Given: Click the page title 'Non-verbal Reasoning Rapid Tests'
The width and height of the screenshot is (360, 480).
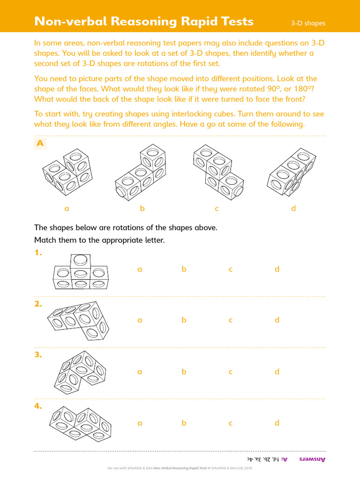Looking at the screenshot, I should point(144,22).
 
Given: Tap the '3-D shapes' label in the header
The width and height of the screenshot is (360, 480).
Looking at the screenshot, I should point(308,23).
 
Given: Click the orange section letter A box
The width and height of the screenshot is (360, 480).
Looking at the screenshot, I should point(40,144).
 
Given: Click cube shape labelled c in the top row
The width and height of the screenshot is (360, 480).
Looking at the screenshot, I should point(218,173).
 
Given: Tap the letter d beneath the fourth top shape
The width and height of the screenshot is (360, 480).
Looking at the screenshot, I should point(293,209).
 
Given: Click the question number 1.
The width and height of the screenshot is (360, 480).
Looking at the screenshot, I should point(38,253).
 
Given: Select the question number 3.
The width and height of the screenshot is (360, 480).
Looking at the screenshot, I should point(38,355).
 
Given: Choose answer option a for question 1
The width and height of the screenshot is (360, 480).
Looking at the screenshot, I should point(139,270).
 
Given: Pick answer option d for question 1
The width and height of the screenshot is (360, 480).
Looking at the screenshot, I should point(277,270).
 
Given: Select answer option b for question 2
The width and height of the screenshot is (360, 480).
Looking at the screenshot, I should point(184,320).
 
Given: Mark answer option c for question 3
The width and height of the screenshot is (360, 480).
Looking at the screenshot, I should point(231,372).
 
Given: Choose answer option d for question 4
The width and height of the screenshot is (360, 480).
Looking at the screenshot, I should point(277,423).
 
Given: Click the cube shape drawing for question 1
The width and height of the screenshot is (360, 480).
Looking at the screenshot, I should point(80,272).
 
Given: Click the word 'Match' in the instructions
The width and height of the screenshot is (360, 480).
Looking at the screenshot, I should point(45,240).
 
